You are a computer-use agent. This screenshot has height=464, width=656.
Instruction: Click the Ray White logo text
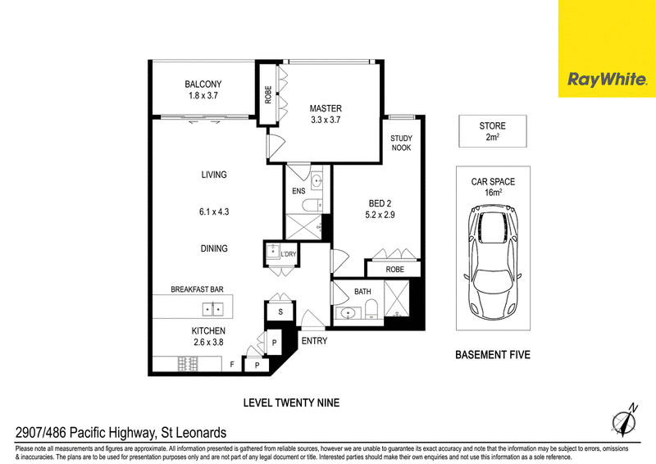click(x=607, y=80)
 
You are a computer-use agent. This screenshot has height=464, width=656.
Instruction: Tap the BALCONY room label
click(x=203, y=84)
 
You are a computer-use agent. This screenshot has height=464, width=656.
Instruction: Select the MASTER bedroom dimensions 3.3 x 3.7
click(x=326, y=120)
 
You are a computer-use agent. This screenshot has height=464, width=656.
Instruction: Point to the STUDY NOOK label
click(x=401, y=143)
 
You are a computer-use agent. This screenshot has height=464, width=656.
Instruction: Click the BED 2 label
click(x=380, y=204)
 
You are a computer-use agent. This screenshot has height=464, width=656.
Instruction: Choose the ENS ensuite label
click(x=298, y=191)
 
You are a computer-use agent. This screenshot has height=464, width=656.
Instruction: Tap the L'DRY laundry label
click(x=289, y=254)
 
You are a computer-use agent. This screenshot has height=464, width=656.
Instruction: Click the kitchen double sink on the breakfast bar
click(x=213, y=309)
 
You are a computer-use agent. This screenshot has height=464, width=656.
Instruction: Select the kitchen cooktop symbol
click(x=188, y=364)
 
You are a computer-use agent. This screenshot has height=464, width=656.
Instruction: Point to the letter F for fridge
click(x=232, y=365)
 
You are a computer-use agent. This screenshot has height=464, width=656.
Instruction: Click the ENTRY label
click(x=314, y=341)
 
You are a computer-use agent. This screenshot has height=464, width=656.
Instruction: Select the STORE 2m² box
click(x=493, y=131)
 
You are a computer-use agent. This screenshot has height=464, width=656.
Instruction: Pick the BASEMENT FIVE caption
click(x=493, y=355)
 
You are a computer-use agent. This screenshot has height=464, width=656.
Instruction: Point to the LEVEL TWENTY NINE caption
click(x=292, y=403)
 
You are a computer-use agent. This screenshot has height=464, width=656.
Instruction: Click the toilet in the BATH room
click(x=371, y=310)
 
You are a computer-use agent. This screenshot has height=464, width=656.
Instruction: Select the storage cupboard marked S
click(x=280, y=312)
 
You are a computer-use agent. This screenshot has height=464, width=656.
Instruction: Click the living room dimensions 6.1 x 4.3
click(x=214, y=212)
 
